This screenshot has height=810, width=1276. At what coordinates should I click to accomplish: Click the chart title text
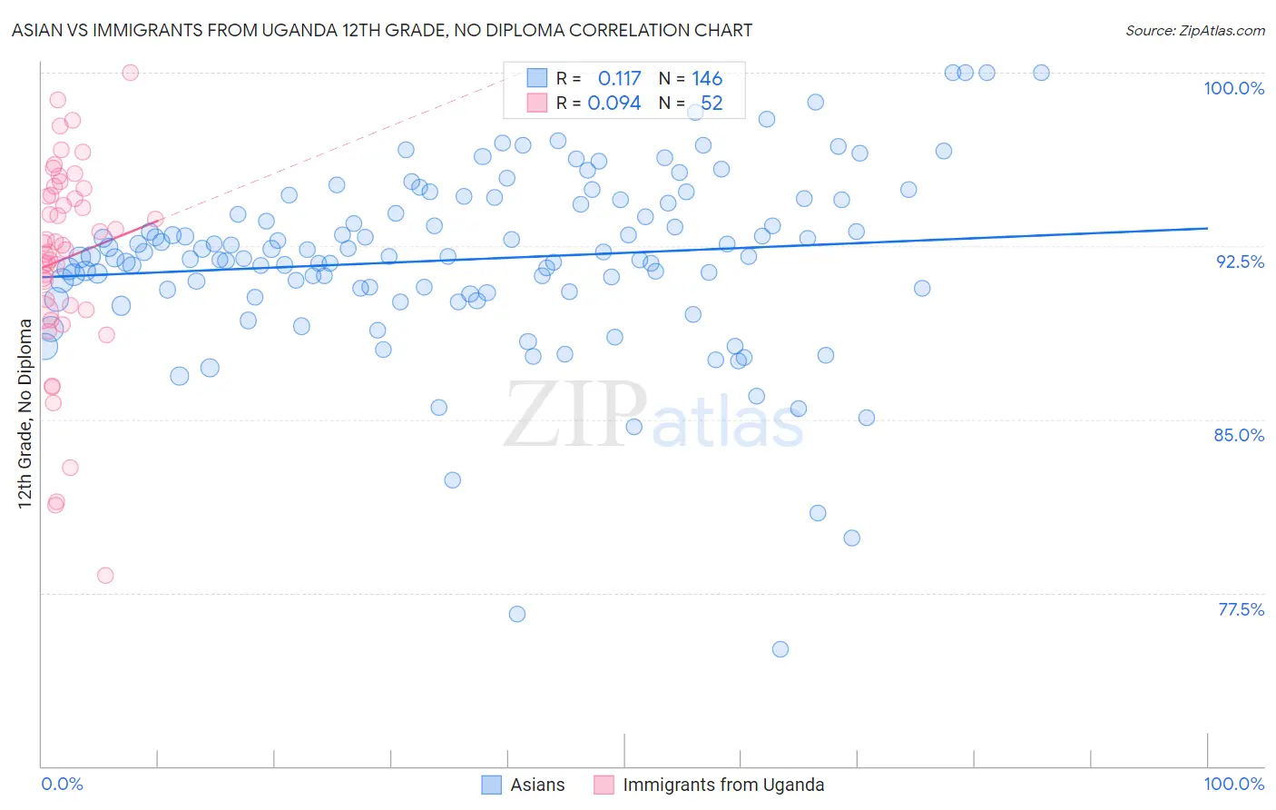382,30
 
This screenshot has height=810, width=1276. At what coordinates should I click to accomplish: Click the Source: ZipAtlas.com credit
1194,30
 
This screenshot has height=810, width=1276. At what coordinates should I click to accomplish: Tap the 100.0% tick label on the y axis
1233,88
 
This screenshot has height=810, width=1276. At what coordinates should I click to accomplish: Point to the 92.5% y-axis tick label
1240,262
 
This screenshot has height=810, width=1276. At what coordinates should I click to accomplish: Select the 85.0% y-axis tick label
1239,435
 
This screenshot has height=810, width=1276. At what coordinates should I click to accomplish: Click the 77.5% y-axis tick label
1241,609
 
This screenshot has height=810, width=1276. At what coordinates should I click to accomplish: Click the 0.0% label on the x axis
62,784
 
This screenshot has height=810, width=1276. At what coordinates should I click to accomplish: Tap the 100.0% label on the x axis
1233,784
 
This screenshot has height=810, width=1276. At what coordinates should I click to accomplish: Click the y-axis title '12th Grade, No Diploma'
25,413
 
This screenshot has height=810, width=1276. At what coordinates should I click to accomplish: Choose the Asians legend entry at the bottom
537,785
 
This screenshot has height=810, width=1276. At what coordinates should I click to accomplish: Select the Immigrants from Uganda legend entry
723,785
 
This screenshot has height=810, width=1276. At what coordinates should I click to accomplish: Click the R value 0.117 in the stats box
619,79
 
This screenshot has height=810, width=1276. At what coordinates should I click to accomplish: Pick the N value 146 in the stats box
707,79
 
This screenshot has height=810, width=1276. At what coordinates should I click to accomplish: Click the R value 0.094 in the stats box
614,104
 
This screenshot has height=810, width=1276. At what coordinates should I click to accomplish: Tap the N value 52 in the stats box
712,104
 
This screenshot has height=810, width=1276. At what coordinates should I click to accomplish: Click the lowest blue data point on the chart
780,649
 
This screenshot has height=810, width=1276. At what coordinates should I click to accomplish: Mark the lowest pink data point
105,576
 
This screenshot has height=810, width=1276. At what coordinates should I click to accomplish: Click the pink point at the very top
131,73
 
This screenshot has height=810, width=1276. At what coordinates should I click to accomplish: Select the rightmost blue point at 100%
1041,73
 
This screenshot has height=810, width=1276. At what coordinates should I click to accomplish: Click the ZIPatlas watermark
653,416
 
